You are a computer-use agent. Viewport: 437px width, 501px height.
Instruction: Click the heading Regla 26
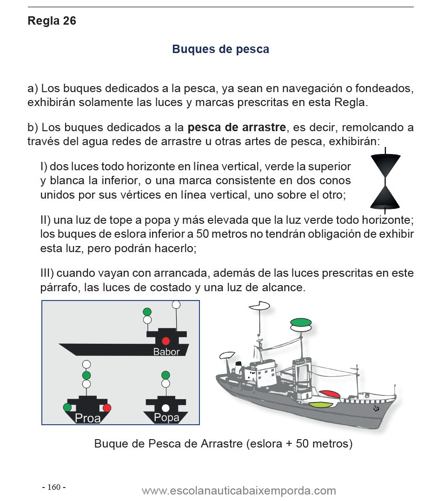pyautogui.click(x=52, y=21)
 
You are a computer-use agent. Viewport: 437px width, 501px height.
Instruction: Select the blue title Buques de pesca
pyautogui.click(x=220, y=49)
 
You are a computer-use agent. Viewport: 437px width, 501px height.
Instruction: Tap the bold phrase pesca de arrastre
pyautogui.click(x=238, y=127)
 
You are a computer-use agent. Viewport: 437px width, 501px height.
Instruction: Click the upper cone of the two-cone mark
pyautogui.click(x=385, y=166)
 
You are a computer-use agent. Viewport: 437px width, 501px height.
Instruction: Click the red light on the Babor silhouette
pyautogui.click(x=166, y=341)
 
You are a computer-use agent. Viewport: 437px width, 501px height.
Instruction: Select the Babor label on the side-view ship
pyautogui.click(x=166, y=352)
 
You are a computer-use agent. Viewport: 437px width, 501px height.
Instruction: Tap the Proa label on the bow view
pyautogui.click(x=87, y=418)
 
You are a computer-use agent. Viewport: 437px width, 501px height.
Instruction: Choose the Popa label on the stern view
pyautogui.click(x=166, y=418)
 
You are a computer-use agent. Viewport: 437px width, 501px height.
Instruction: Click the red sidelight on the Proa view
pyautogui.click(x=107, y=408)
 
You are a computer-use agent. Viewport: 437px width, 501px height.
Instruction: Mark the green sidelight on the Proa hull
pyautogui.click(x=67, y=407)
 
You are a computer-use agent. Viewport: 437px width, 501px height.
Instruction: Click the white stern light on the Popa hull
pyautogui.click(x=166, y=408)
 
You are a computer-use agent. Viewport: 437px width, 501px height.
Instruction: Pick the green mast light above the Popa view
pyautogui.click(x=166, y=375)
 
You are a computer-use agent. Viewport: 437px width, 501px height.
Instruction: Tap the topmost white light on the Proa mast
pyautogui.click(x=86, y=364)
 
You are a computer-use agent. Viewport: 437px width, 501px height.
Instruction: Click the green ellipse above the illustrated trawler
pyautogui.click(x=300, y=322)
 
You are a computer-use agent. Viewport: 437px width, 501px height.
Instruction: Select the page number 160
pyautogui.click(x=53, y=487)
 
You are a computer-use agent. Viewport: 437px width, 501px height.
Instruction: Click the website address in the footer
pyautogui.click(x=238, y=491)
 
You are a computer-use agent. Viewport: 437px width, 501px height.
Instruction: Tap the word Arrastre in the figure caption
pyautogui.click(x=221, y=443)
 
